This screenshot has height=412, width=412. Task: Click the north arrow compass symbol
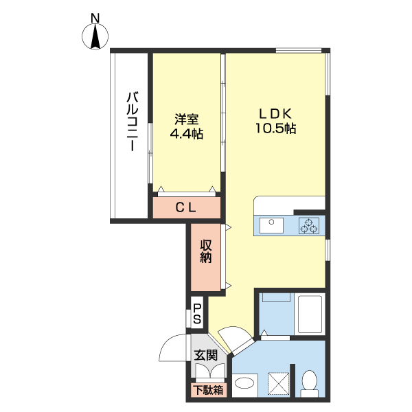95,36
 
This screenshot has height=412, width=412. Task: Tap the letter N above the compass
95,18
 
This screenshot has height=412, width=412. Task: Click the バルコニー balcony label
133,122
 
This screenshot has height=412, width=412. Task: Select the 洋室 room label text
187,119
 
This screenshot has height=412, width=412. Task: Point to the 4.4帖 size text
187,134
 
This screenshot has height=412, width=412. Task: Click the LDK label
276,114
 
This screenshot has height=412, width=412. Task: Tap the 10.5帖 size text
276,128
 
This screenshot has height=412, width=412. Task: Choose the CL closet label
186,208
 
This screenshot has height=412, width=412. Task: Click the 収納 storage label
206,251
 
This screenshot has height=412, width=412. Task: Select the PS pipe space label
197,314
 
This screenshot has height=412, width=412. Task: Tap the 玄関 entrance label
206,355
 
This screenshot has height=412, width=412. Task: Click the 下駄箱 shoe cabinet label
208,390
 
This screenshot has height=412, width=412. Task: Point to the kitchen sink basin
271,225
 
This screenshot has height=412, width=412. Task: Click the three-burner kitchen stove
309,225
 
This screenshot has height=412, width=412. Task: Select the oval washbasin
244,382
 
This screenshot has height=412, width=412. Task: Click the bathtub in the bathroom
310,314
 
